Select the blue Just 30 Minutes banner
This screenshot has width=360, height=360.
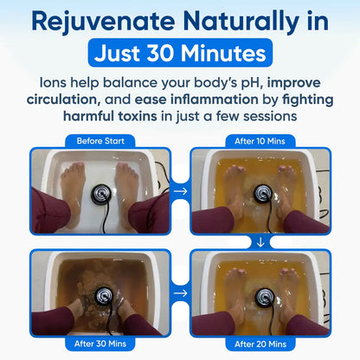pyautogui.click(x=180, y=54)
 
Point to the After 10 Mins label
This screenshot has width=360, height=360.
pyautogui.click(x=260, y=139)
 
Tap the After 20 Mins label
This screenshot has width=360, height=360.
pyautogui.click(x=260, y=344)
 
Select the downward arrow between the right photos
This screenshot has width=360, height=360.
pyautogui.click(x=260, y=241)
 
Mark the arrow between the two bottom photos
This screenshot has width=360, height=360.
pyautogui.click(x=179, y=293)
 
